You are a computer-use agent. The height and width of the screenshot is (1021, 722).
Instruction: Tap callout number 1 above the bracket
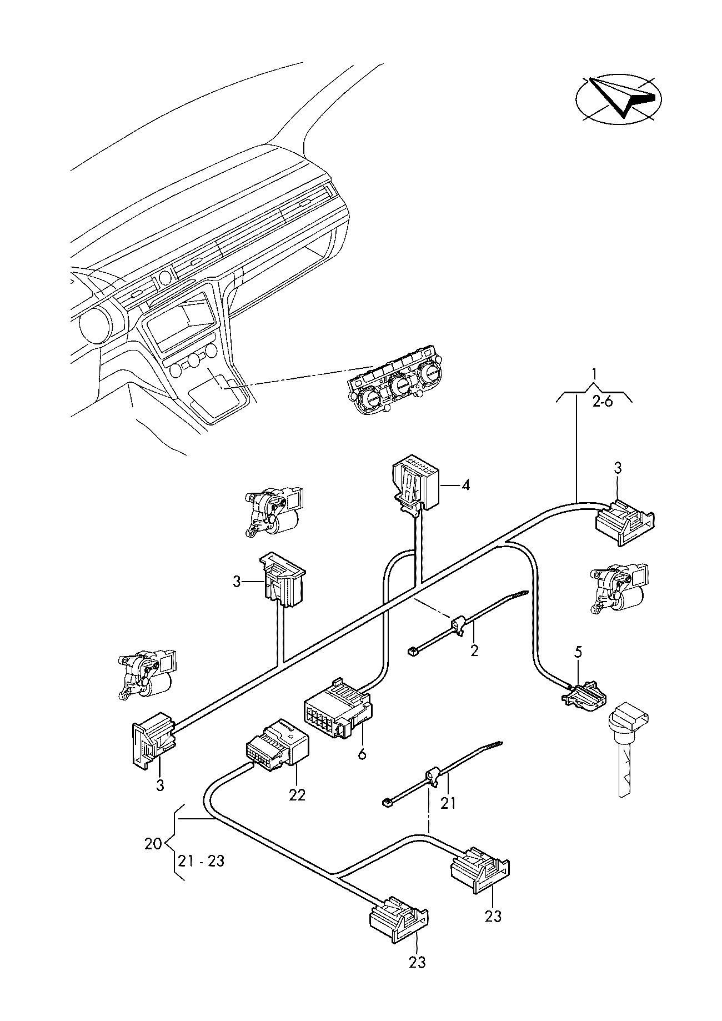pyautogui.click(x=595, y=373)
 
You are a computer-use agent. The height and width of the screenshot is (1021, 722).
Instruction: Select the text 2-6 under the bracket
pyautogui.click(x=602, y=401)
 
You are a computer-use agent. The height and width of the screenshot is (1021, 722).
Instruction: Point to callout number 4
pyautogui.click(x=465, y=486)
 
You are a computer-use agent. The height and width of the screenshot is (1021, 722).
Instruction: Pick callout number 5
pyautogui.click(x=578, y=652)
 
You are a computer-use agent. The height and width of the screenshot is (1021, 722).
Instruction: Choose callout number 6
pyautogui.click(x=362, y=754)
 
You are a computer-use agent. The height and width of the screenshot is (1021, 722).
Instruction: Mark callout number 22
pyautogui.click(x=297, y=795)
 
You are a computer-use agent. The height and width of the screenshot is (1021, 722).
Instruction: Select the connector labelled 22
pyautogui.click(x=277, y=745)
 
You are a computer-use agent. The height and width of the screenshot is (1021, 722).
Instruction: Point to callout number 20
pyautogui.click(x=153, y=844)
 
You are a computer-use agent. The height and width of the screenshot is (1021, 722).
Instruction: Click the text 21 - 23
pyautogui.click(x=201, y=861)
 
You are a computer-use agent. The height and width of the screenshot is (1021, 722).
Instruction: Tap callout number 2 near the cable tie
pyautogui.click(x=474, y=650)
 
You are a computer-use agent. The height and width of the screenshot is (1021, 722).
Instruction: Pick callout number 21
pyautogui.click(x=448, y=802)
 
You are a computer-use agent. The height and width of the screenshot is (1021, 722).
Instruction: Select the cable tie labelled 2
pyautogui.click(x=468, y=622)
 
